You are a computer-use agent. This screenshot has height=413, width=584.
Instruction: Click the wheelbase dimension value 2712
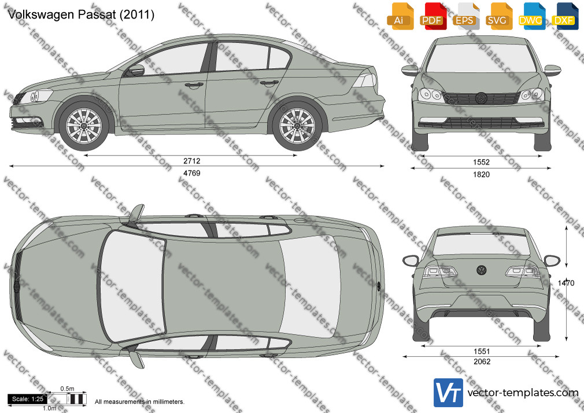(x=191, y=161)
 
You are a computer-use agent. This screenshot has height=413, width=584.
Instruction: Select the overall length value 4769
(x=191, y=173)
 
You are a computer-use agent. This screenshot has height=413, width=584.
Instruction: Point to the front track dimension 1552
(x=481, y=162)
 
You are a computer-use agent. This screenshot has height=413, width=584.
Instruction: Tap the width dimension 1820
(x=481, y=175)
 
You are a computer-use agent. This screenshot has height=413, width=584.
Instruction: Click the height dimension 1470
(x=565, y=283)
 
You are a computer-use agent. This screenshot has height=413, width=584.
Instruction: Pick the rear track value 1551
(x=482, y=351)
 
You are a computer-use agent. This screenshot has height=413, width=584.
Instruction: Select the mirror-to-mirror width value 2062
(x=482, y=362)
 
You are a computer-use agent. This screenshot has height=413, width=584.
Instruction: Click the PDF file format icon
(x=432, y=16)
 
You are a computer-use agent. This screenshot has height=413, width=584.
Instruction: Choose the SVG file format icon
(x=498, y=16)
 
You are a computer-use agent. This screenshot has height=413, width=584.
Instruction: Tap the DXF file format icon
(x=564, y=16)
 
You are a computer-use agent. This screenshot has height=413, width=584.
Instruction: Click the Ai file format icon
(x=400, y=16)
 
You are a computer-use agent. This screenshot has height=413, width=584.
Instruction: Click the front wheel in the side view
(x=84, y=126)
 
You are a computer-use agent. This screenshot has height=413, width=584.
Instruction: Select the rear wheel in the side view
(x=297, y=126)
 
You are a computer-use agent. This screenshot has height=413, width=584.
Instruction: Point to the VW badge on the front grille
(x=481, y=98)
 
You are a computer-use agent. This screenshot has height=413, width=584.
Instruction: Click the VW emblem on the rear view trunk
(x=481, y=270)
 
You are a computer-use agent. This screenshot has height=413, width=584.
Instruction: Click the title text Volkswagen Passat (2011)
(x=81, y=14)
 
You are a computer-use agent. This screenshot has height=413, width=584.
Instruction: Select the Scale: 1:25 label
(x=28, y=399)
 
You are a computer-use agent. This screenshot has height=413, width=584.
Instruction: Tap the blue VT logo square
(x=449, y=393)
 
